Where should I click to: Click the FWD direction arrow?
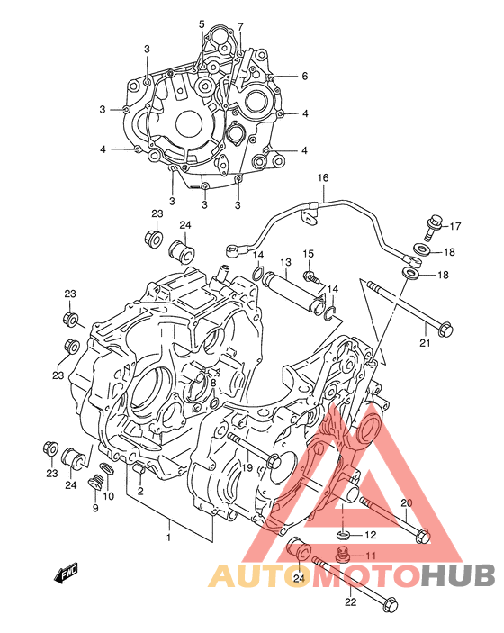66,574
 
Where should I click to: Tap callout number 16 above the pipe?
323,177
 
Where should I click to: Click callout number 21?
425,343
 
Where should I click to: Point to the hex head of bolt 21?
445,329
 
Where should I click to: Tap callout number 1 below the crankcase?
169,538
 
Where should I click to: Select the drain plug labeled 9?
95,483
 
